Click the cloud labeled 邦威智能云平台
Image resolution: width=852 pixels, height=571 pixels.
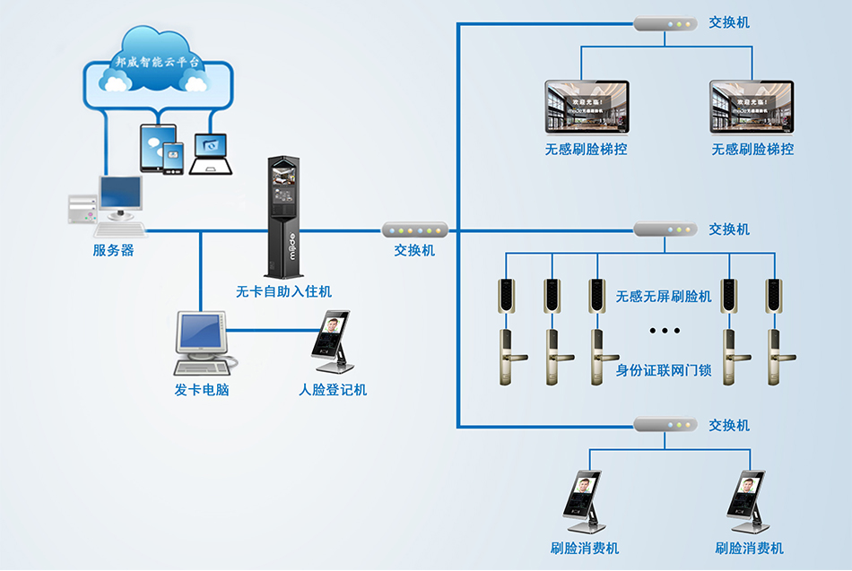click(156, 65)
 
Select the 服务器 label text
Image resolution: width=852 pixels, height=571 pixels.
click(114, 251)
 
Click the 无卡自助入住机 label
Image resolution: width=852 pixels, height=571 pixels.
click(283, 291)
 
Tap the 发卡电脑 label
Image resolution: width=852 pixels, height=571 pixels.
click(202, 390)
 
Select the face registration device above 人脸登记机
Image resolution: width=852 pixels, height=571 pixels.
click(333, 342)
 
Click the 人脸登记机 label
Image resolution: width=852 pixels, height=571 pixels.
click(333, 390)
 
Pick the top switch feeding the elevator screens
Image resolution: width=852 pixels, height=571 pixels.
click(665, 24)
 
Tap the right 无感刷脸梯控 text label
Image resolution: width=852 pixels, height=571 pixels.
click(752, 150)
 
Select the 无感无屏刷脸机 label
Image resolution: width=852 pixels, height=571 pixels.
click(664, 296)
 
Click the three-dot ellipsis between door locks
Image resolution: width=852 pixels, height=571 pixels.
click(665, 331)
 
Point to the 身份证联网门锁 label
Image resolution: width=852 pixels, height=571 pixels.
click(664, 369)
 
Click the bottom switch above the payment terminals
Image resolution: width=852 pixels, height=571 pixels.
click(665, 424)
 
